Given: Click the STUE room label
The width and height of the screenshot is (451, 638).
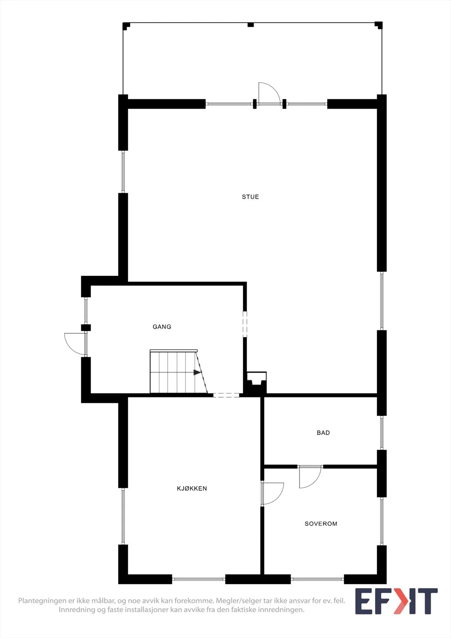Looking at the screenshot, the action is tap(250, 197).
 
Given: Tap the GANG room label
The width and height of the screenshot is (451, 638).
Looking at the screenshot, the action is tap(162, 327).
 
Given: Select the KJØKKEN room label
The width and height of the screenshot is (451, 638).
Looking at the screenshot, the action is tap(192, 488).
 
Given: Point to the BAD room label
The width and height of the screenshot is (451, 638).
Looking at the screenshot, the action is tap(323, 433).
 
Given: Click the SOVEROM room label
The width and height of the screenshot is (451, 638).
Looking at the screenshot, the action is tap(321, 524).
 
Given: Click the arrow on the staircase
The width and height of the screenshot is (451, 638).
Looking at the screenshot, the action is tap(197, 372).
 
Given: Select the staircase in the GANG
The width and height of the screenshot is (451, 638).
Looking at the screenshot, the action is tap(179, 371).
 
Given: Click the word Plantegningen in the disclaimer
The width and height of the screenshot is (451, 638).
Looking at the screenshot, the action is tap(42, 601).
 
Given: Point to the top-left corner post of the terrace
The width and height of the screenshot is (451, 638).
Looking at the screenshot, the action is tap(126, 26).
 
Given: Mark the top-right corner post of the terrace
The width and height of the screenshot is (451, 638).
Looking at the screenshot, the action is tap(379, 25).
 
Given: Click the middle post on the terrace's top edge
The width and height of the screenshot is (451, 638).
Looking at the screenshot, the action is tap(250, 25).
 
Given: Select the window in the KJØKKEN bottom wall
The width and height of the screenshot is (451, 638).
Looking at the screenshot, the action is tap(199, 579).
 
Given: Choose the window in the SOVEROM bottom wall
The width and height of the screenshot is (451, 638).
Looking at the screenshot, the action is tap(317, 579).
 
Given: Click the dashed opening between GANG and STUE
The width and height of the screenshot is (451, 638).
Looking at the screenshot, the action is tap(245, 324).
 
